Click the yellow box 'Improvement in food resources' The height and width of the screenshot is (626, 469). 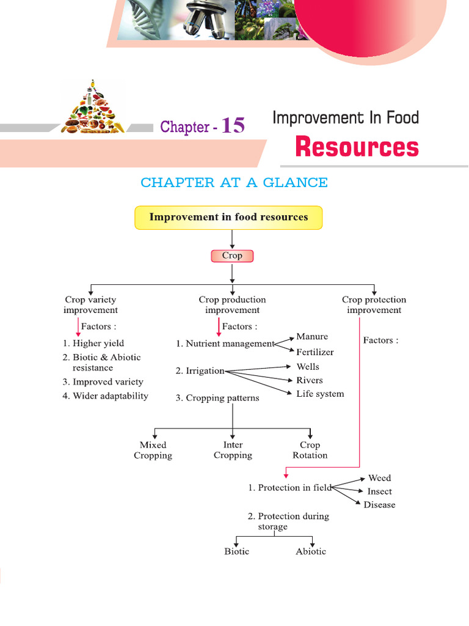228,217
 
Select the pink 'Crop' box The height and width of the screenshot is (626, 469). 231,256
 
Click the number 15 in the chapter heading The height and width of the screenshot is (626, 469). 233,125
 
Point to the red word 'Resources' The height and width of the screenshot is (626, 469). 357,147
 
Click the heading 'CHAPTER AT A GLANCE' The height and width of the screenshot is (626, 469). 234,182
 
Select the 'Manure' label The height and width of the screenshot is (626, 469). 312,337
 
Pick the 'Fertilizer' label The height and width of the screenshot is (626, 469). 315,352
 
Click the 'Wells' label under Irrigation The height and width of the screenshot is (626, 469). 308,367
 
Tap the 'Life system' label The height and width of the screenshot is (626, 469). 320,394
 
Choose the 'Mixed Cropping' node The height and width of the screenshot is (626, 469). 153,450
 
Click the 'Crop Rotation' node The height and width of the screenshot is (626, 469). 310,450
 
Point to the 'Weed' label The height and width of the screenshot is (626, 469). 379,478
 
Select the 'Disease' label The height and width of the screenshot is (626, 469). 379,505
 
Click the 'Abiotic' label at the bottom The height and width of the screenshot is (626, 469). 311,551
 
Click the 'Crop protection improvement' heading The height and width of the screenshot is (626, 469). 374,304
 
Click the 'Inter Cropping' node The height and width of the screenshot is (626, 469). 233,450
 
